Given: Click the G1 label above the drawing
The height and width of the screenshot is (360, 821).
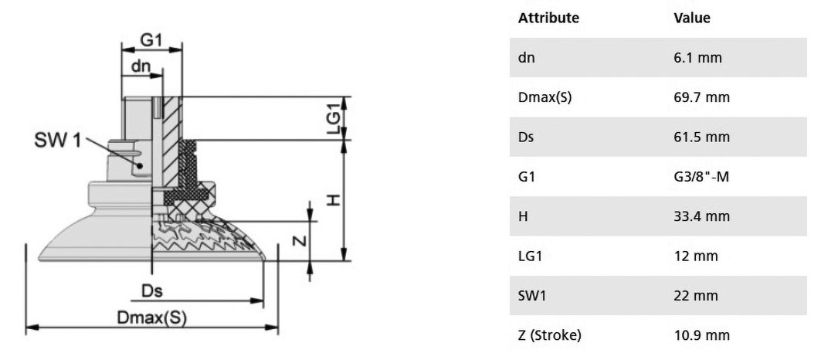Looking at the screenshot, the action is click(151, 40).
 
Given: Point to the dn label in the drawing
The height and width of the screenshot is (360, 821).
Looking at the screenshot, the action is click(141, 66).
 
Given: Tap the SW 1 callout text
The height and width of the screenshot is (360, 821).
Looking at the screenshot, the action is click(58, 140).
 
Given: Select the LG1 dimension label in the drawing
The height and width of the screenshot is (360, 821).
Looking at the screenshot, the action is click(334, 118).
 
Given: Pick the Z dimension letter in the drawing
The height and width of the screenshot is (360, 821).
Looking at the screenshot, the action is click(298, 240).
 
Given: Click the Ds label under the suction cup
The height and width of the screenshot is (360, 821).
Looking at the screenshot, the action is click(152, 290).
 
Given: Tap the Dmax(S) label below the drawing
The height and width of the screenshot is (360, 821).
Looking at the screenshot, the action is click(152, 318).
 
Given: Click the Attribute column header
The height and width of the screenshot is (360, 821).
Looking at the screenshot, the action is click(548, 18).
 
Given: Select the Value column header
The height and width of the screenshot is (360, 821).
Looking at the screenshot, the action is click(692, 18).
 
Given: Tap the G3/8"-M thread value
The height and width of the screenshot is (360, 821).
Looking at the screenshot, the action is click(701, 177).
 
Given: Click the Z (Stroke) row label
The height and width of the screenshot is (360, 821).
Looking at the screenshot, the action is click(550, 335).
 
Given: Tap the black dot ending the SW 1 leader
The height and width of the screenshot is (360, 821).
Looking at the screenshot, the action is click(140, 165).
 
